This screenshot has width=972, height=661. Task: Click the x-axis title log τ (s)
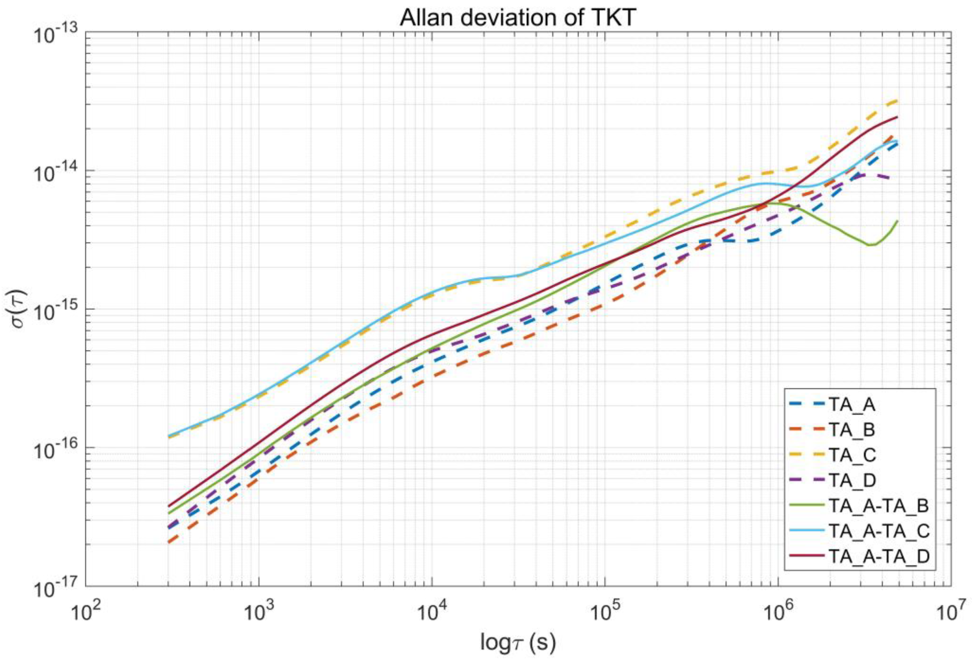pyautogui.click(x=518, y=641)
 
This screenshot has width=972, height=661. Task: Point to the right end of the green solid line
pyautogui.click(x=897, y=221)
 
